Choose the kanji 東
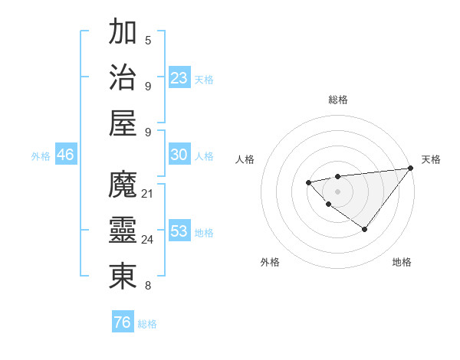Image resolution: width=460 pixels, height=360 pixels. pos(123,276)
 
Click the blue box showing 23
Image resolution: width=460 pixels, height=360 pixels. pos(179,77)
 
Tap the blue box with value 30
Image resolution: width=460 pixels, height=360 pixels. pos(179,155)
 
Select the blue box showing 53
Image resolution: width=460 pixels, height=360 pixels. pos(179,231)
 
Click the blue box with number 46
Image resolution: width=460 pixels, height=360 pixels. pos(66,155)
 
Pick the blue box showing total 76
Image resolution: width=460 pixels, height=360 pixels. pos(123,322)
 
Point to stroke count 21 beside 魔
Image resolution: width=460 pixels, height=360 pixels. pos(148,193)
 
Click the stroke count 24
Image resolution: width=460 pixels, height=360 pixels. pos(148,239)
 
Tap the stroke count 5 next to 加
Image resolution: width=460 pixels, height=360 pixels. pos(148,40)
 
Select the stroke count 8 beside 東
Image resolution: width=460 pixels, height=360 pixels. pos(148,286)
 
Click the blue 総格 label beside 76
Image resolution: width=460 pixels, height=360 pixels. pos(147,324)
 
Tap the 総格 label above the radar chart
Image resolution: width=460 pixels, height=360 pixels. pos(338,100)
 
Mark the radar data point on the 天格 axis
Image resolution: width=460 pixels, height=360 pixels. pos(411,168)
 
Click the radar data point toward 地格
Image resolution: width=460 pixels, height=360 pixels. pos(365,229)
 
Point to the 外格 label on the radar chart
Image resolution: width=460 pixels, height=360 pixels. pos(270,263)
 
